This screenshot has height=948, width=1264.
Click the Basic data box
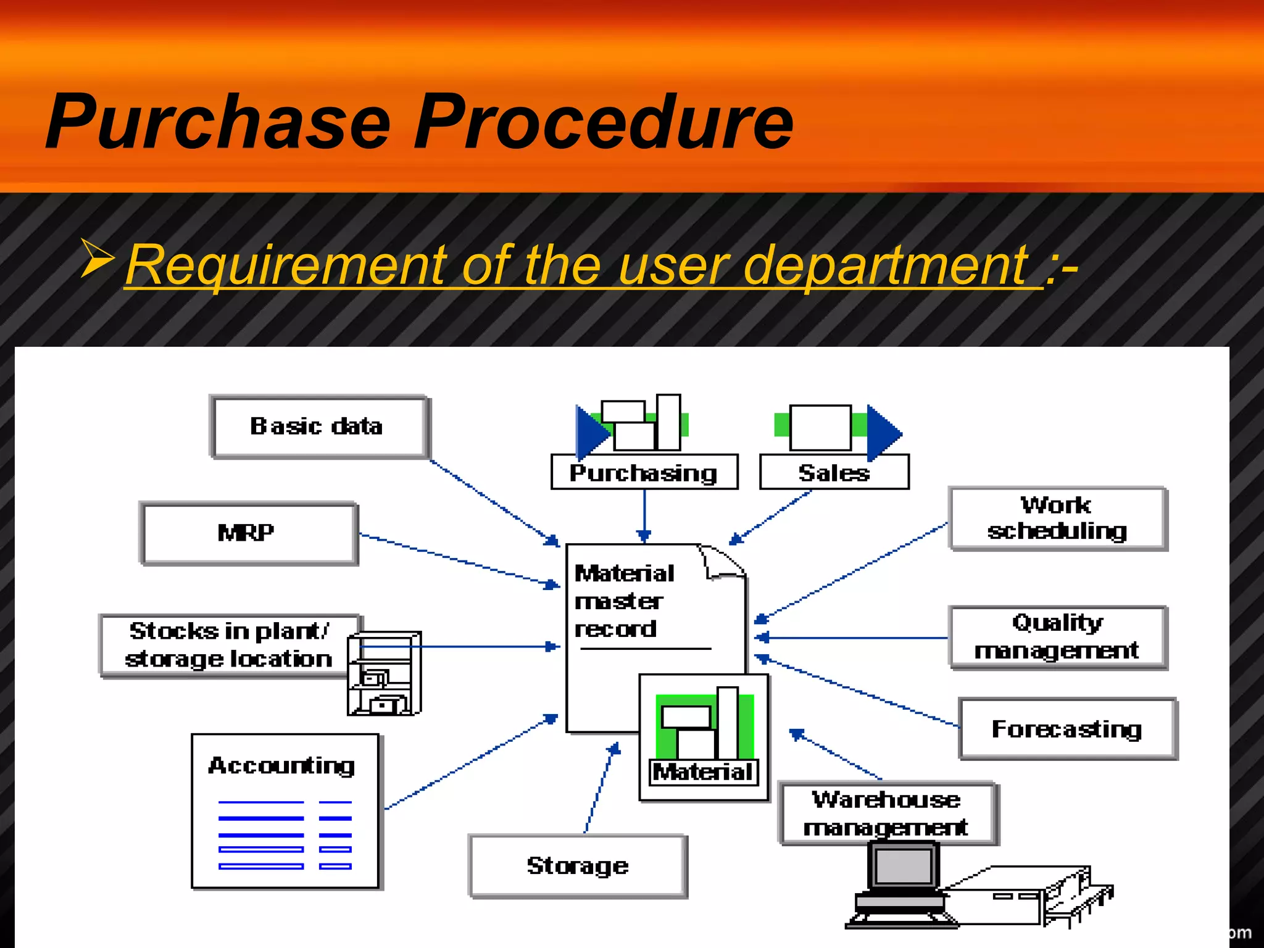point(318,427)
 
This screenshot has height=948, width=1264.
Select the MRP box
point(248,533)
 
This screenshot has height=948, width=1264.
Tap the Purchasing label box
point(644,473)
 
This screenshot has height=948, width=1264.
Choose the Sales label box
point(834,473)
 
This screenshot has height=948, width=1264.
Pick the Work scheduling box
point(1057,518)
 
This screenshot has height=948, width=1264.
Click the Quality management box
point(1057,637)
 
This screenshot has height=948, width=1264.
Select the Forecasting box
point(1067,729)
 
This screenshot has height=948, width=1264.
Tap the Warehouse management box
point(887,813)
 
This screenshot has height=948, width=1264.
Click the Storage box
point(578,866)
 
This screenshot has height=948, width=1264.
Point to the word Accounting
point(282,765)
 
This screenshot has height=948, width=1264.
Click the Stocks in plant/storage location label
point(229,645)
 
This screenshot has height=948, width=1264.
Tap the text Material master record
point(623,601)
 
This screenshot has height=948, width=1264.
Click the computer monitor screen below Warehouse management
point(904,866)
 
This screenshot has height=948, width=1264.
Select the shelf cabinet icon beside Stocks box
point(384,674)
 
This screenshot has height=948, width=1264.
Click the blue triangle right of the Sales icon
point(883,433)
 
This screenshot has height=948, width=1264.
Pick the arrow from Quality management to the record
point(852,638)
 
